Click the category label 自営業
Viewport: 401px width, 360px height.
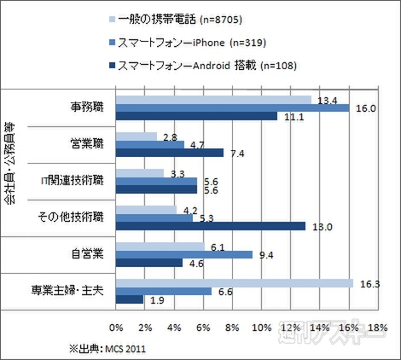(86, 253)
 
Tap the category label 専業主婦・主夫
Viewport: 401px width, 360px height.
(73, 290)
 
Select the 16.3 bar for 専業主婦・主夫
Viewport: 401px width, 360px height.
(234, 282)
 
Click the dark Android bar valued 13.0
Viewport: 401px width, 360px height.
(210, 226)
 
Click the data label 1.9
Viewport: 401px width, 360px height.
(156, 300)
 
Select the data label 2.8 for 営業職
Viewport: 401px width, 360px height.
(168, 136)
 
